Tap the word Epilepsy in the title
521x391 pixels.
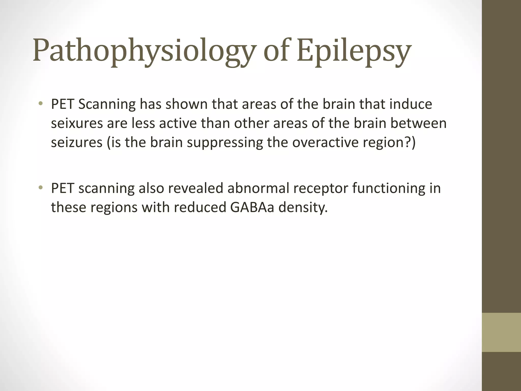(x=354, y=51)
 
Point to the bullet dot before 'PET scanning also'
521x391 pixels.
(x=40, y=188)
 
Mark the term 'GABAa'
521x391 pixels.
(x=252, y=207)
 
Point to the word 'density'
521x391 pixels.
(x=303, y=208)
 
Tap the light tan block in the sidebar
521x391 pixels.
(x=501, y=332)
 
